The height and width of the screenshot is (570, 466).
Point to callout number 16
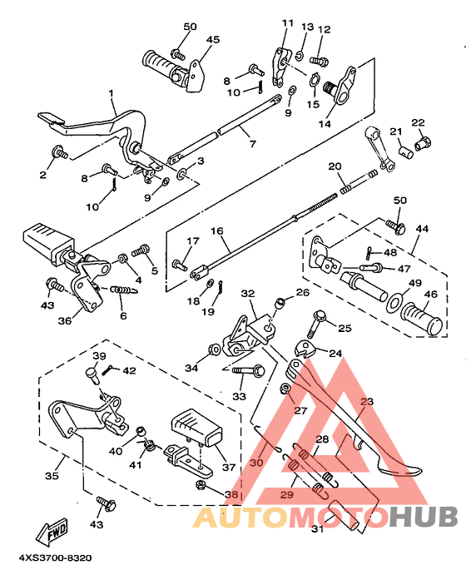tap(217, 231)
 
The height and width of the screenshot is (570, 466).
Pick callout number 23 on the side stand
tap(364, 402)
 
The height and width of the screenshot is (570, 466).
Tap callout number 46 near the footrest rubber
tap(430, 295)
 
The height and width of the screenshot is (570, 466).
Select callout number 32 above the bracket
tap(247, 294)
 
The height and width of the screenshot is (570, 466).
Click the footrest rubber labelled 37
tap(198, 428)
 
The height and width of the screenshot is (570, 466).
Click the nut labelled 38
tap(201, 484)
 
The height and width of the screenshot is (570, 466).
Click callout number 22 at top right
tap(417, 122)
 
